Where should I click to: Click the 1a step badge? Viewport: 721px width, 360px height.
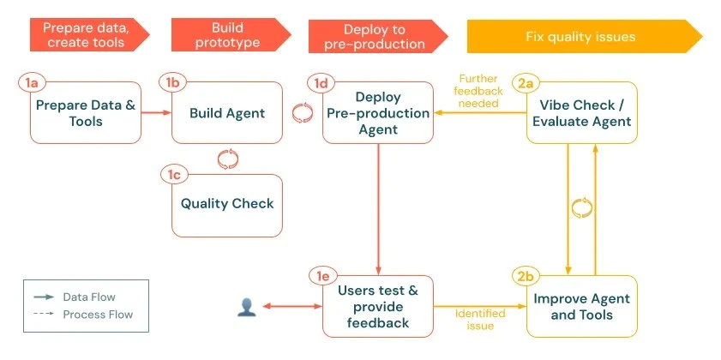click(x=32, y=82)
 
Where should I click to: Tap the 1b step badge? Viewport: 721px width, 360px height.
click(x=173, y=82)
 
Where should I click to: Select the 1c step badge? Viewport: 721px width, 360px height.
click(x=173, y=175)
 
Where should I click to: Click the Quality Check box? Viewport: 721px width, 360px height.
click(x=227, y=204)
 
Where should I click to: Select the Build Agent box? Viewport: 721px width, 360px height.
click(x=227, y=112)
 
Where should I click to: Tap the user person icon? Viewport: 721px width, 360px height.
click(x=247, y=306)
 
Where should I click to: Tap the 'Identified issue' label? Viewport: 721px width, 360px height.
click(x=480, y=320)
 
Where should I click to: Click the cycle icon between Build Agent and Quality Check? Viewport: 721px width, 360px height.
click(x=227, y=157)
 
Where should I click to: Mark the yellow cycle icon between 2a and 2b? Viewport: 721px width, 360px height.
click(x=582, y=207)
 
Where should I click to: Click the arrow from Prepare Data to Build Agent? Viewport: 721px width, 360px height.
click(x=156, y=112)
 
